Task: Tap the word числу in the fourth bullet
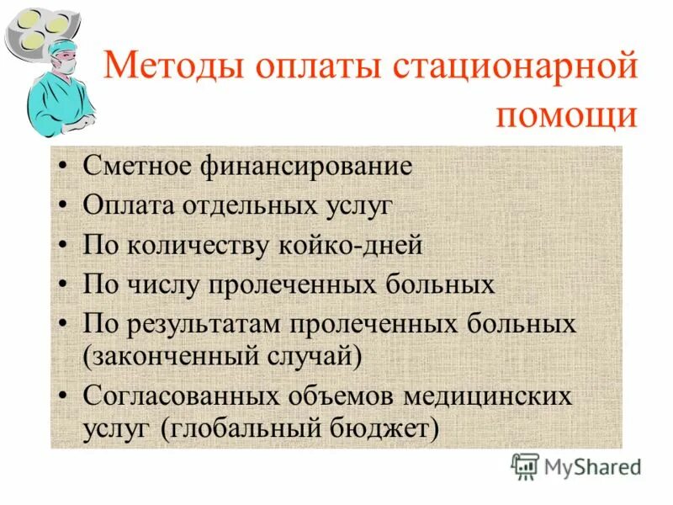point(165,284)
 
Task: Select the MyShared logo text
point(591,466)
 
